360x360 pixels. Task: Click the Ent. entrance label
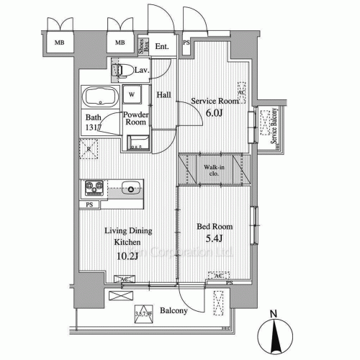point(162,47)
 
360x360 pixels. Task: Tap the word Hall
point(163,94)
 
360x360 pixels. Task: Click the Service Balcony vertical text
point(274,127)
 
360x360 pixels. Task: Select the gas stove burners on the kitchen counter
point(94,188)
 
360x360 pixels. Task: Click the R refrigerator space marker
point(89,150)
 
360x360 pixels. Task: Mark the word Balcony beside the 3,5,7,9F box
point(174,311)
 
